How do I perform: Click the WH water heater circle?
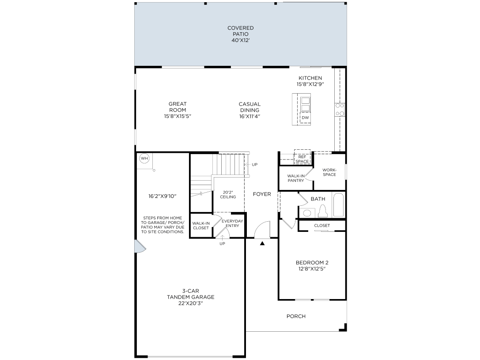coord(144,158)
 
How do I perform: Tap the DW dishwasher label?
coord(305,117)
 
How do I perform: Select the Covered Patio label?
coord(240,34)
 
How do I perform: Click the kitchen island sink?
coord(305,104)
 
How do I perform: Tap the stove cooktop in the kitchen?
coord(340,110)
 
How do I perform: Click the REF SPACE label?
coord(302,159)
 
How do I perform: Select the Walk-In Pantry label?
coord(296,178)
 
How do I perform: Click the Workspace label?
coord(329,172)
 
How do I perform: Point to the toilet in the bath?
coord(323,211)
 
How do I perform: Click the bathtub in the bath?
coord(338,205)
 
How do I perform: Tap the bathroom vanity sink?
coord(307,212)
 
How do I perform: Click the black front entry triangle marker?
coord(262,243)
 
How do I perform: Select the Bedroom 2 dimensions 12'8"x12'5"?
coord(312,269)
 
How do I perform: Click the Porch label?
coord(296,316)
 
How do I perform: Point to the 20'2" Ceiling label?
coord(228,194)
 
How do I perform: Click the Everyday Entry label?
coord(232,223)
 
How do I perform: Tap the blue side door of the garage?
coord(140,246)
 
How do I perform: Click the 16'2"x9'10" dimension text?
coord(163,196)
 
